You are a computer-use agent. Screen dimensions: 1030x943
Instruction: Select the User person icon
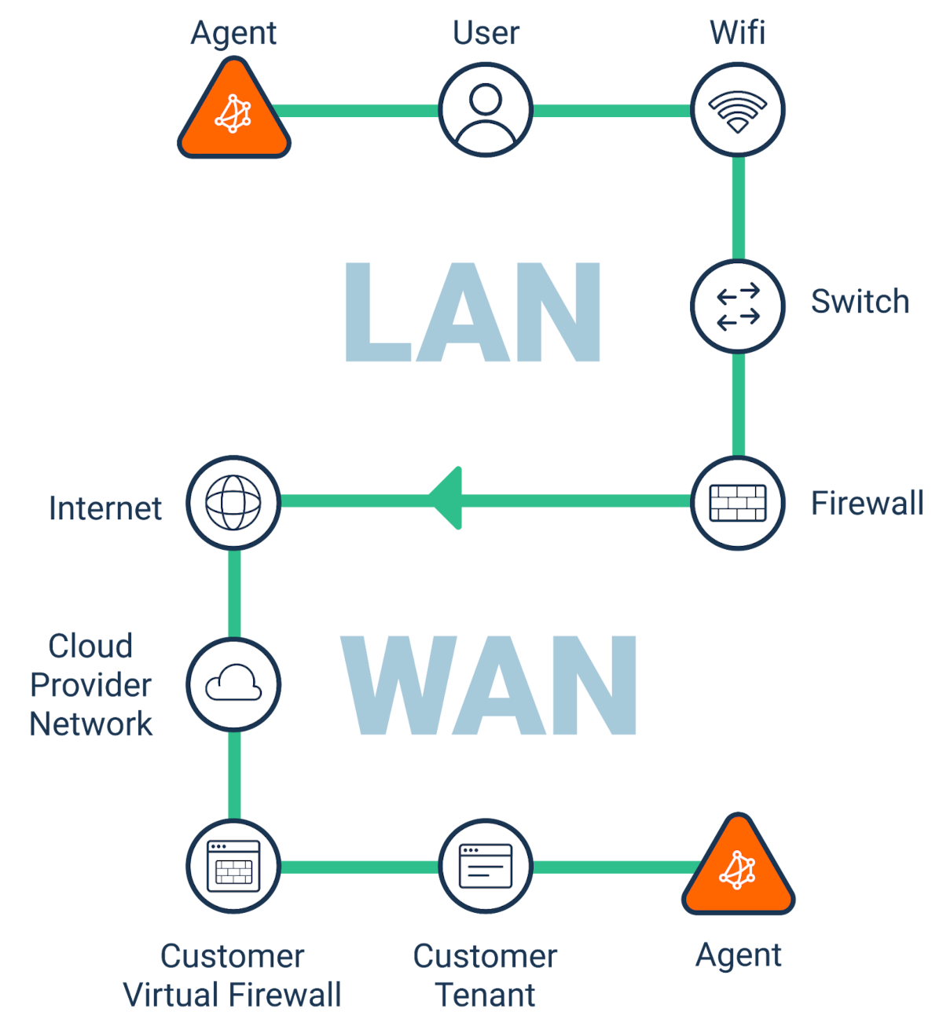(x=486, y=110)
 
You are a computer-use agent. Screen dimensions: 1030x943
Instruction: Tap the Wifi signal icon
(x=738, y=110)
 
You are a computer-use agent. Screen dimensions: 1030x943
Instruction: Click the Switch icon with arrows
(x=738, y=306)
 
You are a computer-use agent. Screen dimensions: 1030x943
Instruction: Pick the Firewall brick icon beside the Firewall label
(x=738, y=503)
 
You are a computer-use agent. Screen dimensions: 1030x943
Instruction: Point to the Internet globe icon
(x=233, y=502)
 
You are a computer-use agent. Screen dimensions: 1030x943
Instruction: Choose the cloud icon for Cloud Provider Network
(x=233, y=684)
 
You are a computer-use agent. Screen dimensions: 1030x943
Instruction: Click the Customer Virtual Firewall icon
(x=233, y=866)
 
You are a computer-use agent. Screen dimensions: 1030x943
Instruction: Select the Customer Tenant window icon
(x=486, y=866)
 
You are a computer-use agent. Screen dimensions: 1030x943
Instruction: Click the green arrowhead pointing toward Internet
(x=446, y=500)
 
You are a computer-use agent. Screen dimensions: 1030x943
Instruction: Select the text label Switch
(x=859, y=302)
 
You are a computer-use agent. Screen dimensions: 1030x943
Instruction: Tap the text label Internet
(x=105, y=508)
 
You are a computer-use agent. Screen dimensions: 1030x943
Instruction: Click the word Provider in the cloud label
(x=91, y=685)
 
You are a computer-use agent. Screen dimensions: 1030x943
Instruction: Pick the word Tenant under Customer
(x=486, y=995)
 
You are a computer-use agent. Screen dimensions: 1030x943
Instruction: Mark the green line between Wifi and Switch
(x=738, y=208)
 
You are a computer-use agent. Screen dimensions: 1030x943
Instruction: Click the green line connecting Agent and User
(x=358, y=111)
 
